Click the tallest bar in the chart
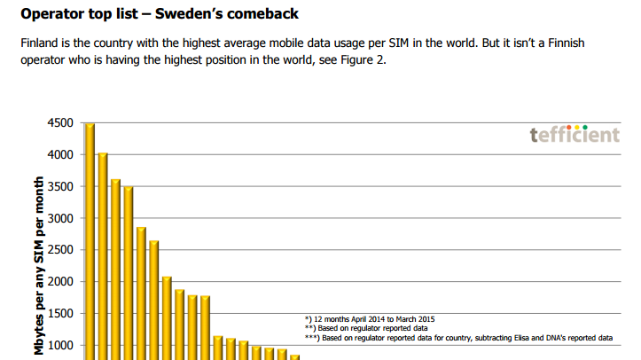pyautogui.click(x=90, y=239)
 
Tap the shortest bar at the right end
pyautogui.click(x=295, y=356)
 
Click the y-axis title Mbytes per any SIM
pyautogui.click(x=40, y=266)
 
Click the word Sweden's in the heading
pyautogui.click(x=196, y=15)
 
